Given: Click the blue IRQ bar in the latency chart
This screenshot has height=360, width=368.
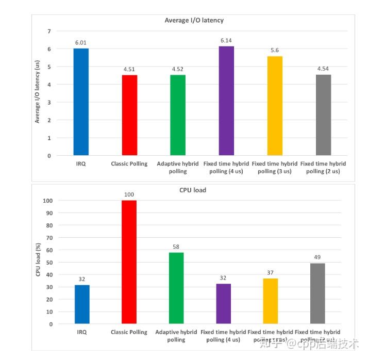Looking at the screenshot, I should pos(81,102).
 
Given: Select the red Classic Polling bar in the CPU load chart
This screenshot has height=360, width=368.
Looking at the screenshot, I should pos(129,262).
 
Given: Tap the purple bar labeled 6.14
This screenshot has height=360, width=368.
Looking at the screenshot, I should pos(226,101).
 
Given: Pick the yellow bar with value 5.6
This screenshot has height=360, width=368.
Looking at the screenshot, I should pos(275,106).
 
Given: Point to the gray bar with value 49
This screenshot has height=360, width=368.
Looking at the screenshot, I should pos(317,293).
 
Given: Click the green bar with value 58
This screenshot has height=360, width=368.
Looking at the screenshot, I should pos(176,288).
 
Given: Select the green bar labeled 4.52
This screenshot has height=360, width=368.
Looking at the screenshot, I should pos(178,115).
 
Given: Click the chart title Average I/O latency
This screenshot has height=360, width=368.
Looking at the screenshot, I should pos(194,21).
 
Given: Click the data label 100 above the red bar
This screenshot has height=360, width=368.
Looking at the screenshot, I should pos(129,195).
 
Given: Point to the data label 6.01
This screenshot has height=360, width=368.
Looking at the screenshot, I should pos(81,43).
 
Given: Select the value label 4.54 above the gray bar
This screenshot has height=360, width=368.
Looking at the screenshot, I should pos(323,69).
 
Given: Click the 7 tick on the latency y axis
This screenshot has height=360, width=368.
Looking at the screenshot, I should pos(49,31).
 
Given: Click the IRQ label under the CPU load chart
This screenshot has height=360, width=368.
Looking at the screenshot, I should pos(81,332).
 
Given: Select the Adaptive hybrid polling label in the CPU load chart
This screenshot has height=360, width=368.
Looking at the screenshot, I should pos(176,336).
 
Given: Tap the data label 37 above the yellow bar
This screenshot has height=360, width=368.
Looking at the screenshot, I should pos(271,273).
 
